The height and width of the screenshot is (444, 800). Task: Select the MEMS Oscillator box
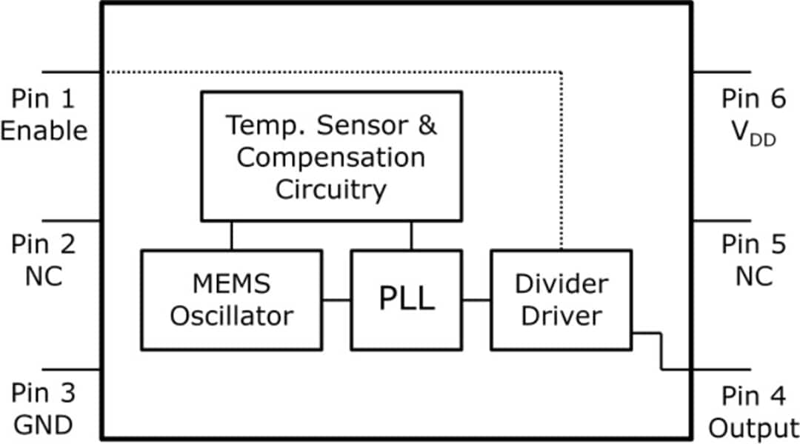pos(231,300)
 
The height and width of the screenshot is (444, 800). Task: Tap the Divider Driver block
pos(561,300)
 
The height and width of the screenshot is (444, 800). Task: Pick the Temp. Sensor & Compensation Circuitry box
pos(331,156)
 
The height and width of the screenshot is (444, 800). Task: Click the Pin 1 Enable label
pos(44,115)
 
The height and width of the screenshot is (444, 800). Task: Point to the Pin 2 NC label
pos(44,259)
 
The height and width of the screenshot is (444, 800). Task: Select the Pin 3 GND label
pos(44,409)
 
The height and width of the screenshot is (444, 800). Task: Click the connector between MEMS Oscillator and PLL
pos(336,300)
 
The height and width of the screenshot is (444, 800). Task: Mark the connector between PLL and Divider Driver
pos(476,300)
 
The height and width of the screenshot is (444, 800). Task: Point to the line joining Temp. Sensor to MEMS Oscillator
pos(232,235)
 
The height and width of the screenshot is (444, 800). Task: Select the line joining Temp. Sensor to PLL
pos(411,235)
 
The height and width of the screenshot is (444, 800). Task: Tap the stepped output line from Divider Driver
pos(661,351)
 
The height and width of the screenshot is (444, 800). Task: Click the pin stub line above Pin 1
pos(71,73)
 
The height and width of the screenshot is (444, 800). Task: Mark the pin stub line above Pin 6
pos(721,73)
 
